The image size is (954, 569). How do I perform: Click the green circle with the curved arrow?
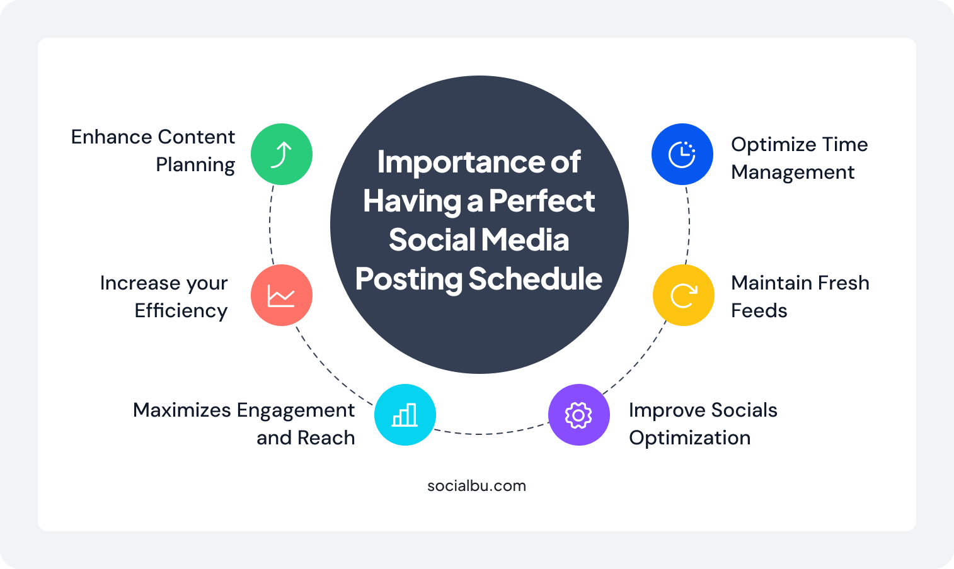282,154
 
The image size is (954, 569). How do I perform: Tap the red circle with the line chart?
282,295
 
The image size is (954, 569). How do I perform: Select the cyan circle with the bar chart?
405,415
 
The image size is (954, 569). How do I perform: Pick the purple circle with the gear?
578,415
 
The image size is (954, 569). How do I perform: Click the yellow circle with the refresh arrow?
683,295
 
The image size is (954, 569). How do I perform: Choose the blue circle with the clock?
682,154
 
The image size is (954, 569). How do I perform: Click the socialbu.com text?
476,486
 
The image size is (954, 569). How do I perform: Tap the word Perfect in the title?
541,201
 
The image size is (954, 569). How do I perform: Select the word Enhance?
112,137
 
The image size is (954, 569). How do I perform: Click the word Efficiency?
181,310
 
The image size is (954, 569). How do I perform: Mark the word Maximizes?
182,410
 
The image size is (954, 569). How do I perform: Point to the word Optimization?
689,438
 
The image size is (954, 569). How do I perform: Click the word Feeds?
759,310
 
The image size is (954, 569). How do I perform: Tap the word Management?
793,172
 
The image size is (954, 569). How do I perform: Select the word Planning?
195,165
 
